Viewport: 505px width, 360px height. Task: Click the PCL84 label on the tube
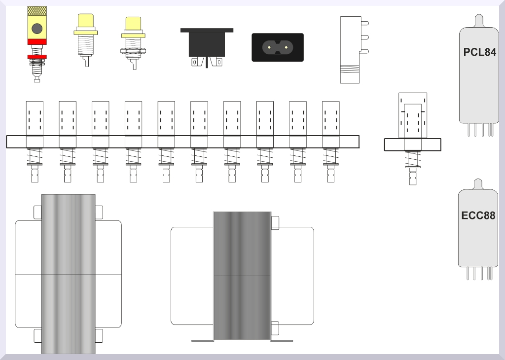479,52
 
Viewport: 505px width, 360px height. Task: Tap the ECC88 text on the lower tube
478,216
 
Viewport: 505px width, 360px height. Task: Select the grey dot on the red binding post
37,29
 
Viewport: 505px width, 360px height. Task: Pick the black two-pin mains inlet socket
278,47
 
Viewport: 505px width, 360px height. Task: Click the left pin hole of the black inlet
270,47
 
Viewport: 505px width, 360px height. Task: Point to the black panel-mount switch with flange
207,44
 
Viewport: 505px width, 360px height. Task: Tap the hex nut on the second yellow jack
134,50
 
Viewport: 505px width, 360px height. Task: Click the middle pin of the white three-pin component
364,36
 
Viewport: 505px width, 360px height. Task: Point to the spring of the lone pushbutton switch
413,159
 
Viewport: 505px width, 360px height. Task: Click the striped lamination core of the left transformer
68,274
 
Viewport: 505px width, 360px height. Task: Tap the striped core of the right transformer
242,275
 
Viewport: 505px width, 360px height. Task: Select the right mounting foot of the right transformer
282,340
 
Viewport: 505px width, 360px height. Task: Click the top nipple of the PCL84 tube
479,20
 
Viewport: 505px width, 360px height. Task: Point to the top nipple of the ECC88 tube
478,183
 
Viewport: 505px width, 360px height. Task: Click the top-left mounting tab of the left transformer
37,212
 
